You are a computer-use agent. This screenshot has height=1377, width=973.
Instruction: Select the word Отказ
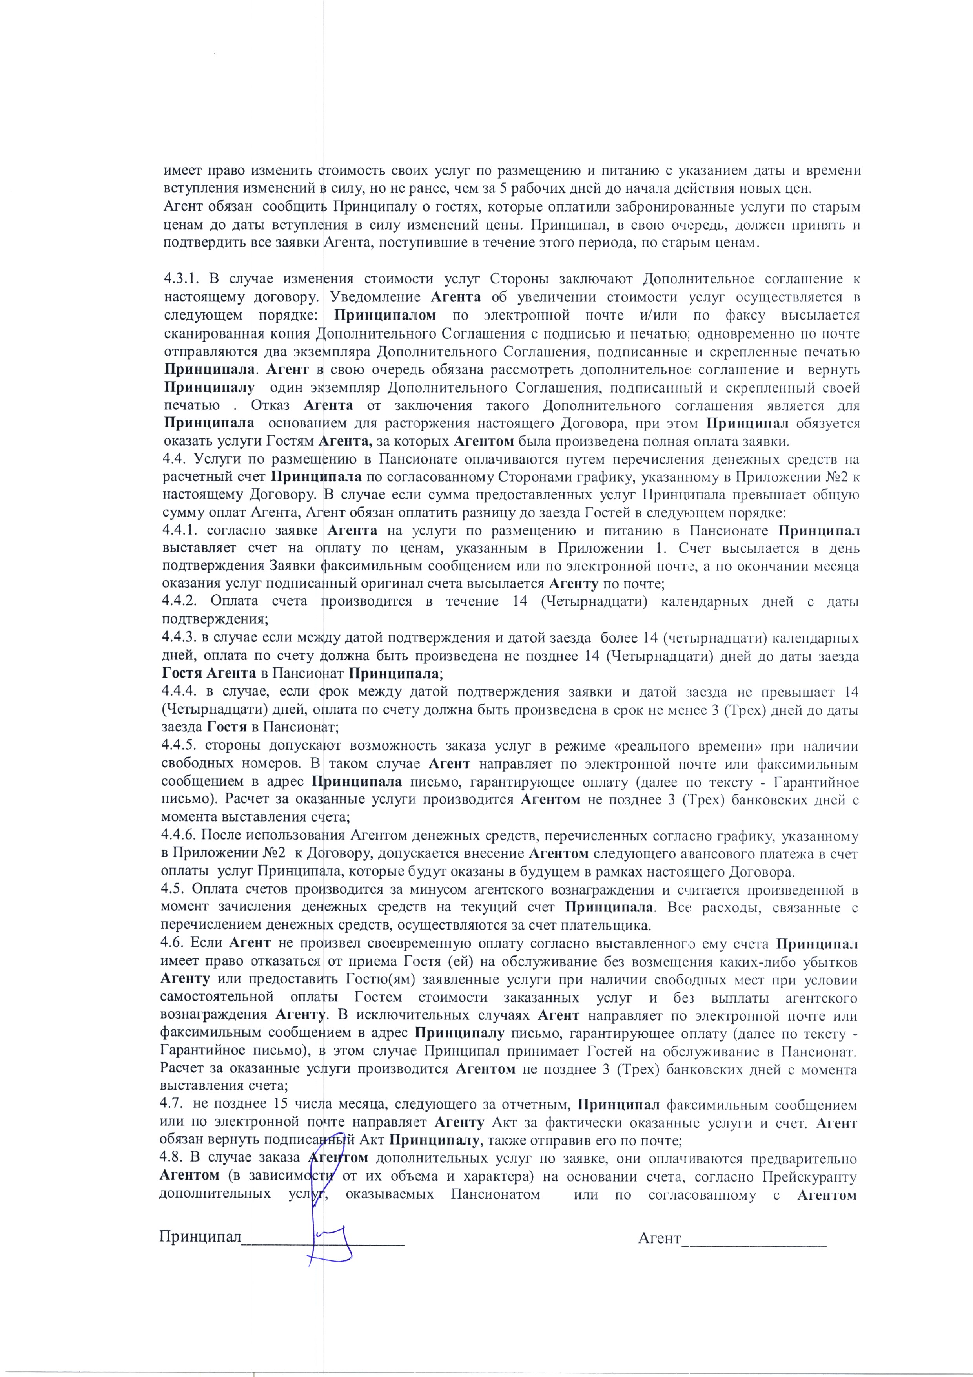(271, 405)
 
